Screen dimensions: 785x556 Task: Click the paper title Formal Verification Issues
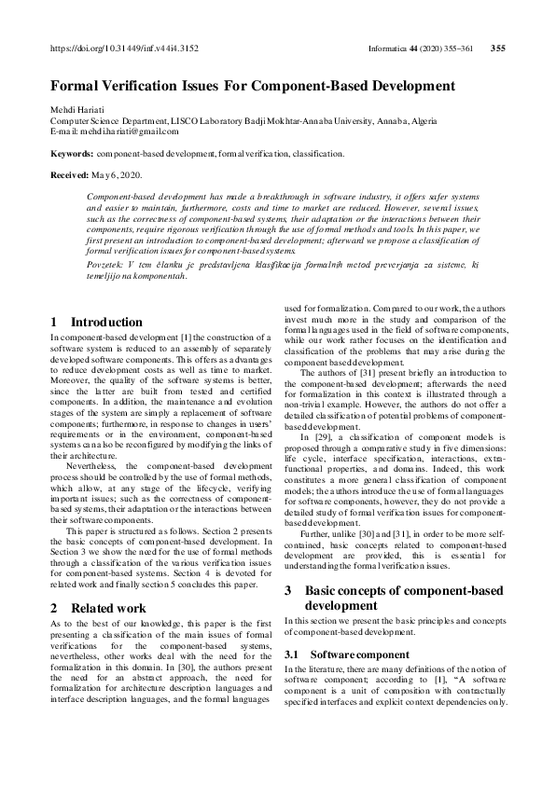[x=253, y=86]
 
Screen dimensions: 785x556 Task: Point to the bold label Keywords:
[x=72, y=152]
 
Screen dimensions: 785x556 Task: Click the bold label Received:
[x=70, y=173]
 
